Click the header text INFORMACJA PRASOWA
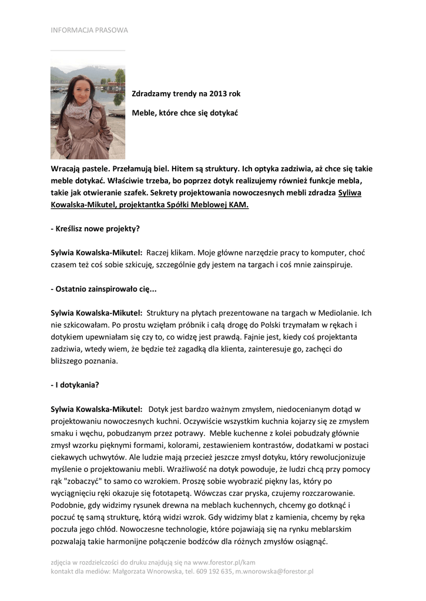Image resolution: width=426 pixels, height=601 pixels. (89, 30)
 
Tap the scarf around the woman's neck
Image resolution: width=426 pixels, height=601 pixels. (80, 109)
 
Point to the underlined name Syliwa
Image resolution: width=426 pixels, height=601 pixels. (350, 193)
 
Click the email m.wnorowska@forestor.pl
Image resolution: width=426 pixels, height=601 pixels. (274, 571)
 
